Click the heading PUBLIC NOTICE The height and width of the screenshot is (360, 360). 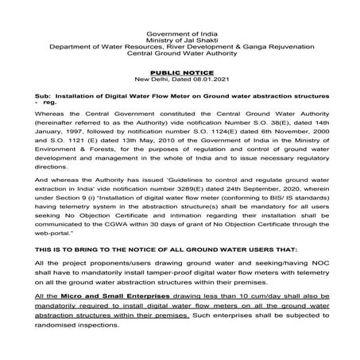(180, 71)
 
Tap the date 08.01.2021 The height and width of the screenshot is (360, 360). (209, 79)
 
